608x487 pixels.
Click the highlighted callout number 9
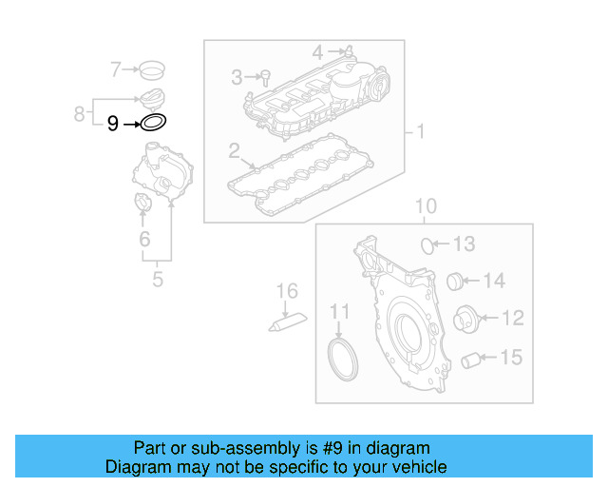[x=113, y=124]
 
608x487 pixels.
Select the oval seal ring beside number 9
[x=153, y=123]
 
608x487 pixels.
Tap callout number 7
[x=116, y=68]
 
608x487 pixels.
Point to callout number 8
[x=80, y=114]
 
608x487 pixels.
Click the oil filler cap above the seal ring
[x=153, y=98]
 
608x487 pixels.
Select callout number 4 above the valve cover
[x=318, y=49]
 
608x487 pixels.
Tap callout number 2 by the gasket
[x=234, y=150]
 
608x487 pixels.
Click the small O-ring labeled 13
[x=428, y=245]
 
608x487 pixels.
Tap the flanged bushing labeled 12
[x=465, y=319]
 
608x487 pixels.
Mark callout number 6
[x=144, y=240]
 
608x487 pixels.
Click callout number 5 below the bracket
[x=158, y=279]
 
